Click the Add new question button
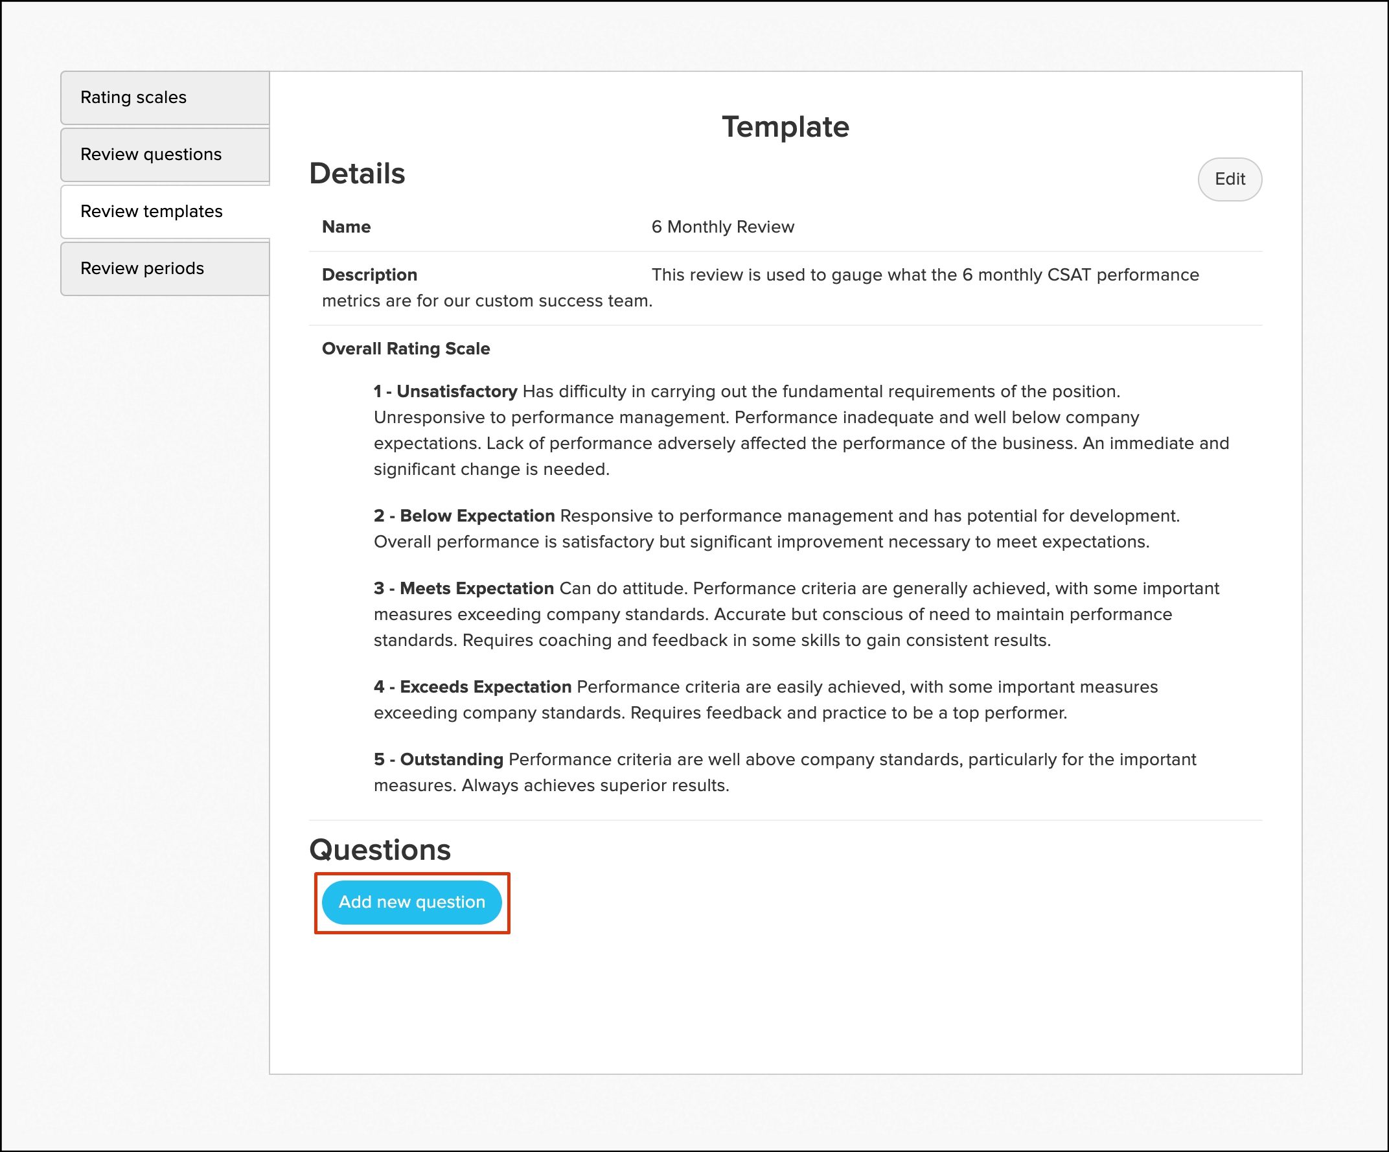click(x=411, y=902)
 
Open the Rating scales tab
click(x=133, y=97)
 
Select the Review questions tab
click(x=151, y=154)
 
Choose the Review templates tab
click(x=152, y=211)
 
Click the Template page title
click(x=785, y=126)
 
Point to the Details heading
click(x=357, y=173)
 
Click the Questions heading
click(x=380, y=850)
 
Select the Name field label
click(x=346, y=227)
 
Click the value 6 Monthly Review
click(x=722, y=227)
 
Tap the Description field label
click(x=369, y=275)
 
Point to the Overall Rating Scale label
click(x=406, y=349)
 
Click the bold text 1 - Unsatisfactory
click(x=445, y=391)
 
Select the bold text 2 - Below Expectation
click(x=464, y=516)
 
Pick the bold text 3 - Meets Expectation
click(x=463, y=588)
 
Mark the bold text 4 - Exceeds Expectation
click(x=472, y=687)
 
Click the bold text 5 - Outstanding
click(x=438, y=760)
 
